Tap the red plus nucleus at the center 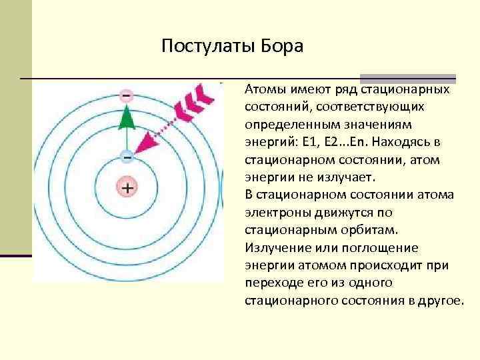point(126,188)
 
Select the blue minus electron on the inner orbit point(126,156)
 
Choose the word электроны point(273,213)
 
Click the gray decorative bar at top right point(408,78)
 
